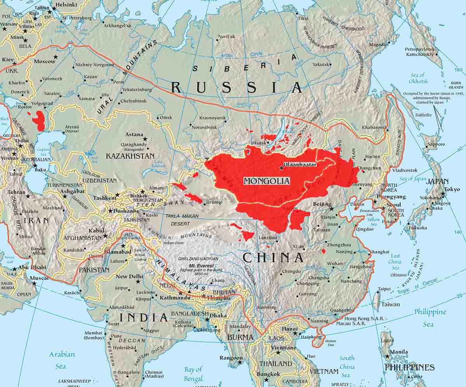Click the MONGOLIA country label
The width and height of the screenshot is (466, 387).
[x=267, y=181]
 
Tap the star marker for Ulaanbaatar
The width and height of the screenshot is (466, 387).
[x=281, y=168]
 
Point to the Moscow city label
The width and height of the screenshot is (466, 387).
[x=44, y=61]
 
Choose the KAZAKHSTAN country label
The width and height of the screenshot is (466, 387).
[x=130, y=156]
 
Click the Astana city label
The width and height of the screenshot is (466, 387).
[x=134, y=134]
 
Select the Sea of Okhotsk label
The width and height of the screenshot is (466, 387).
[x=418, y=78]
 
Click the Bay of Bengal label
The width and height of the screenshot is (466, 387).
[x=193, y=374]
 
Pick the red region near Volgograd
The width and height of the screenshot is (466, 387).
[x=38, y=121]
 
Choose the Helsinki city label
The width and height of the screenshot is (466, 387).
[x=67, y=5]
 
